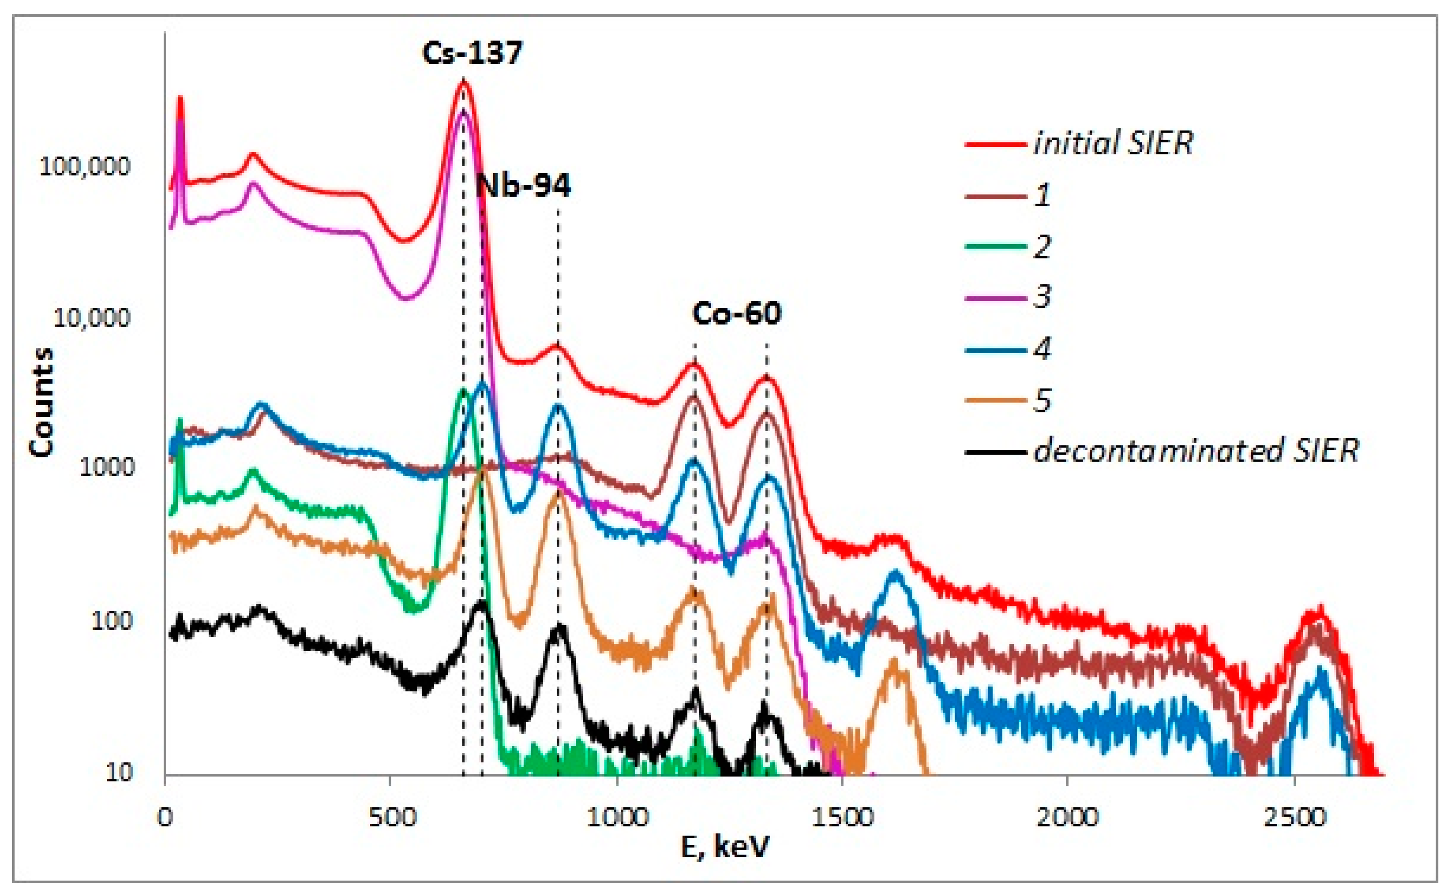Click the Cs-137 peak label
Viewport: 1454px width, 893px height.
tap(472, 53)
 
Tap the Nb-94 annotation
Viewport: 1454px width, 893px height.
tap(524, 186)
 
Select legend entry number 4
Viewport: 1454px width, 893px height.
tap(1043, 349)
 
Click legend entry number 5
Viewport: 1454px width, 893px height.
tap(1043, 400)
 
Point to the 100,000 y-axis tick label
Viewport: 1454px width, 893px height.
tap(84, 167)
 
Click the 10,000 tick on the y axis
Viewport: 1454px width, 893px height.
tap(91, 319)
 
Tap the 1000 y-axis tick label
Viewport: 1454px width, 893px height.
tap(107, 468)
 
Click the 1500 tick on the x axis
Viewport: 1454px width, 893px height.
tap(842, 818)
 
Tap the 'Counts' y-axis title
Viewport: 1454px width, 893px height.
tap(42, 402)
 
